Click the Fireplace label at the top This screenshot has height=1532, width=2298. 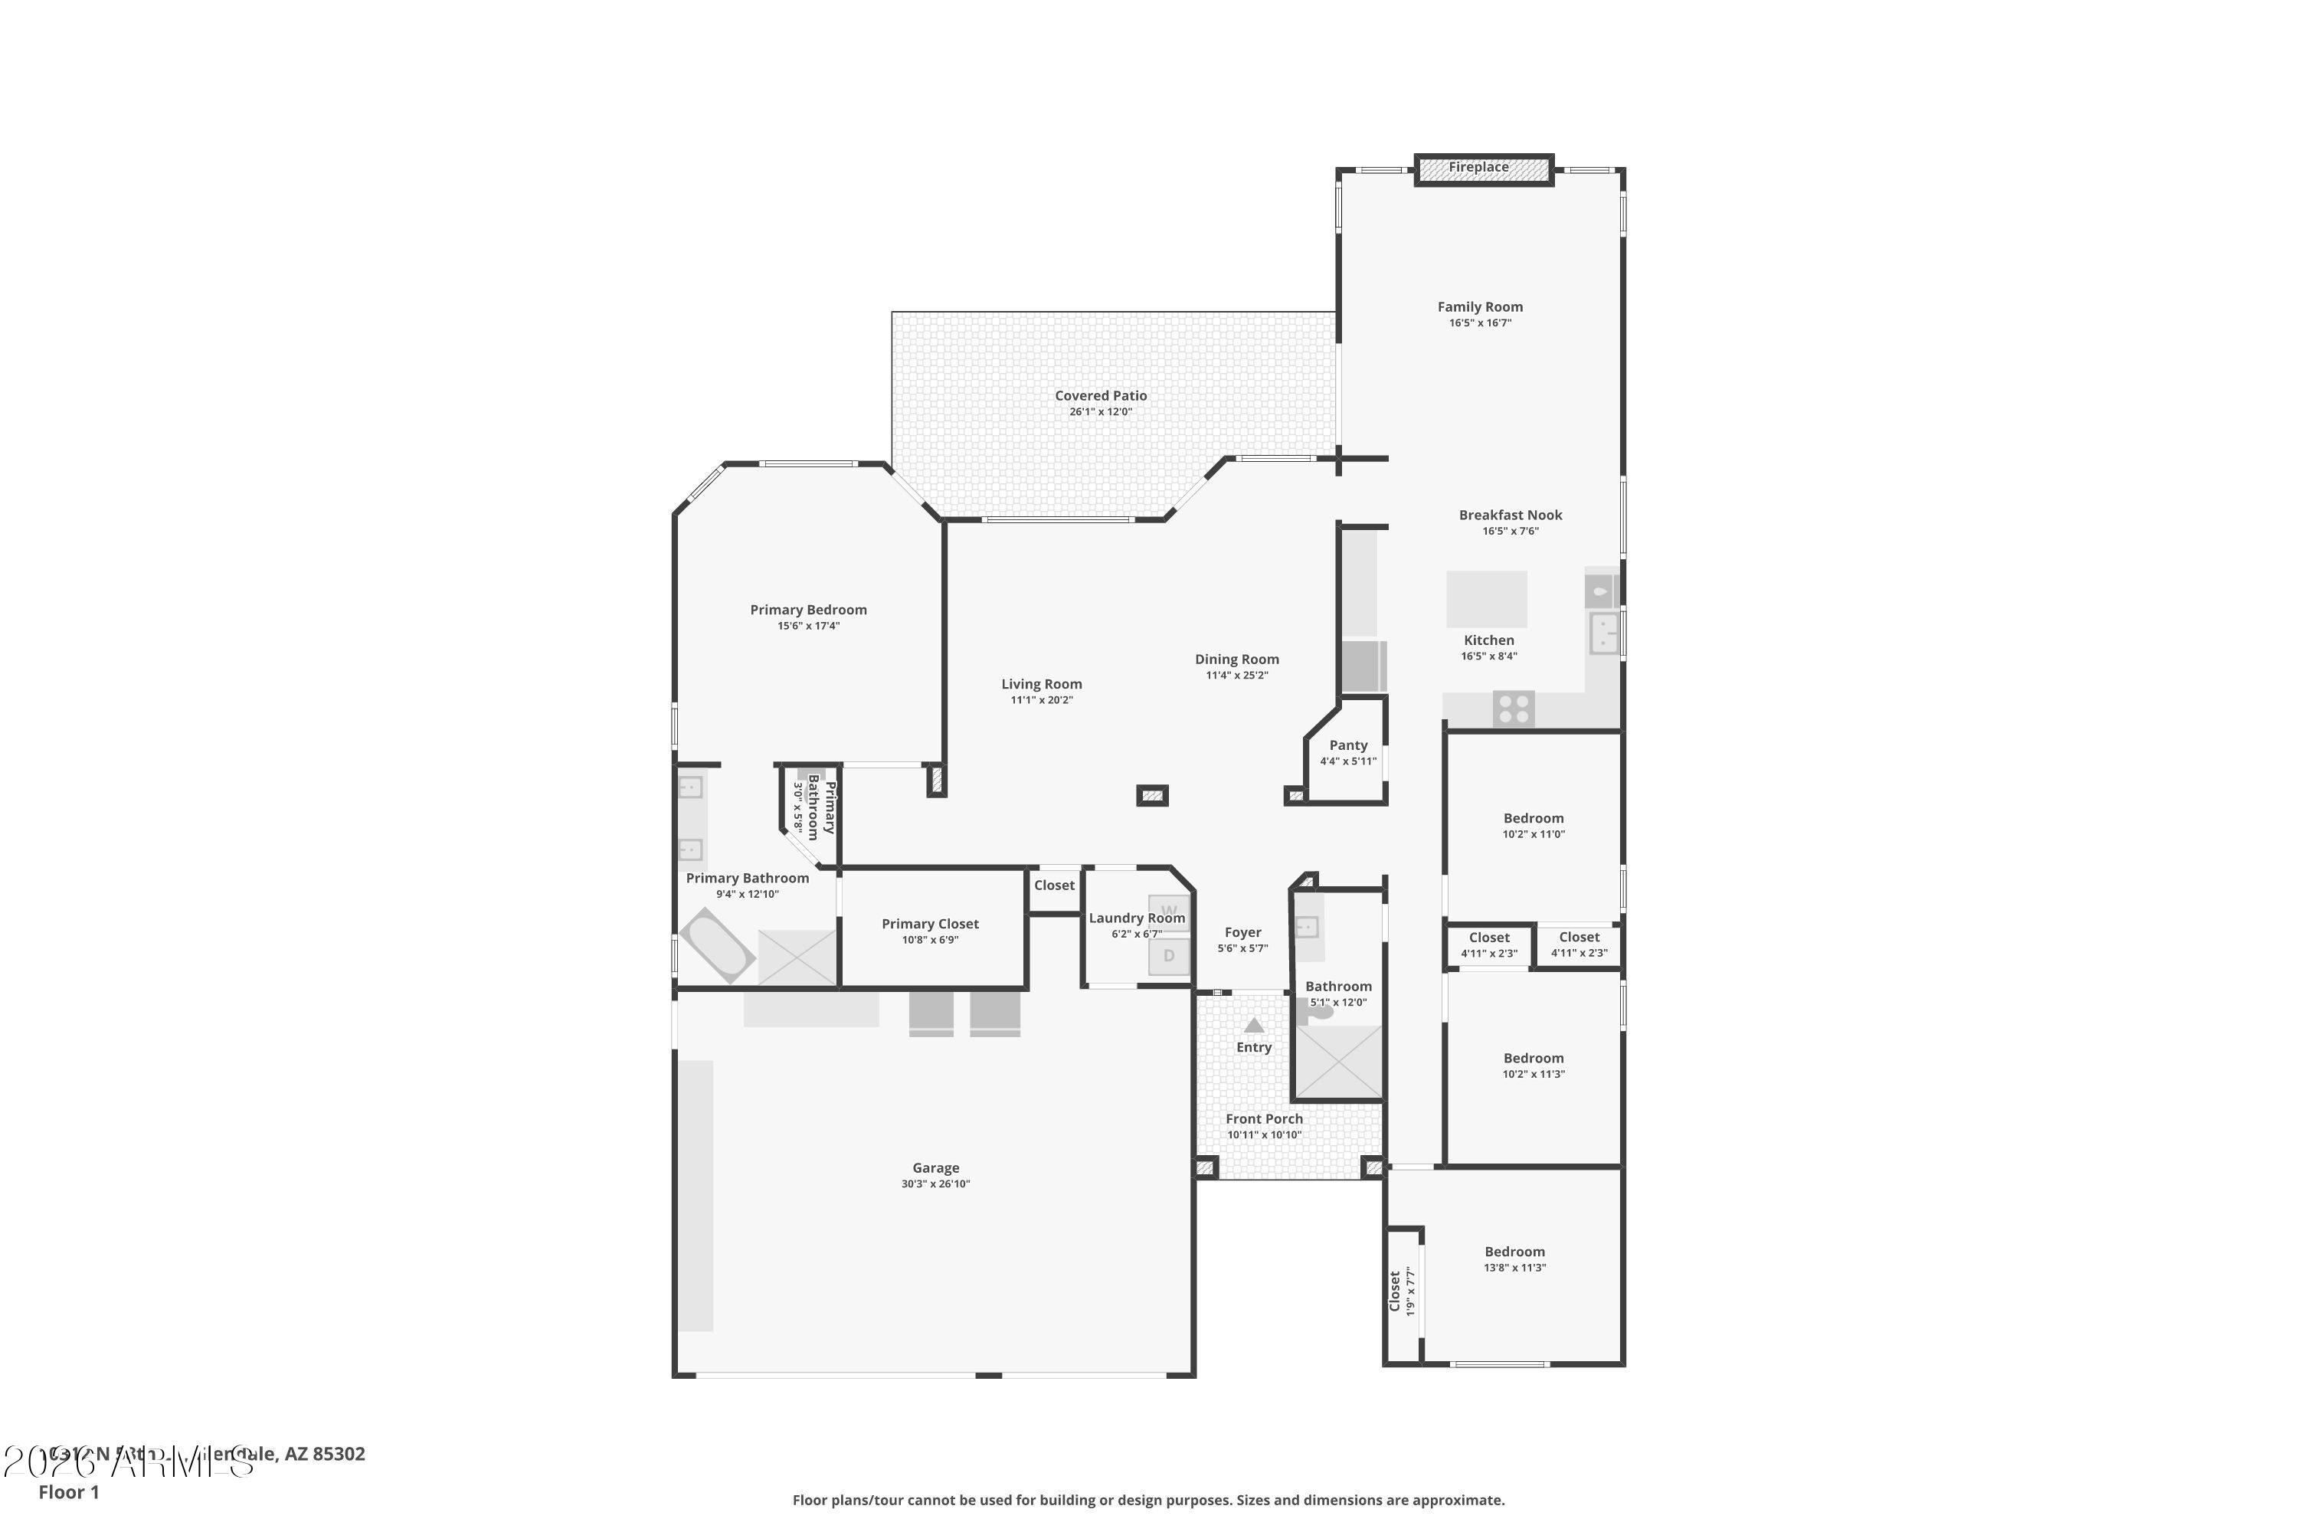tap(1478, 167)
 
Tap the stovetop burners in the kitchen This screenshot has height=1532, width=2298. tap(1514, 709)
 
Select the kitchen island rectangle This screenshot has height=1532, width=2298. tap(1486, 599)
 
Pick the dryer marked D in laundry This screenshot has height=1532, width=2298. tap(1169, 955)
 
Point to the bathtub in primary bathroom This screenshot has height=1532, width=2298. tap(716, 944)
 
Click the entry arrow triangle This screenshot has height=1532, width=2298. tap(1253, 1026)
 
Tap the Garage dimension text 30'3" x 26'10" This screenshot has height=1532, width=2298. tap(935, 1184)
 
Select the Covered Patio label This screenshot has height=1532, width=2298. tap(1100, 396)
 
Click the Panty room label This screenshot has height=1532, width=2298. tap(1348, 745)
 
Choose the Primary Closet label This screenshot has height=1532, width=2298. tap(929, 923)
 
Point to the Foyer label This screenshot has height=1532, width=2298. tap(1242, 932)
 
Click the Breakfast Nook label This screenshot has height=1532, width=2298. tap(1511, 515)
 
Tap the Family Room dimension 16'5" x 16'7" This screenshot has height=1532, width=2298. tap(1479, 323)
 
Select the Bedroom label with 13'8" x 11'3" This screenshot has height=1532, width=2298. tap(1514, 1252)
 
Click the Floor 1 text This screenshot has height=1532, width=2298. tap(68, 1492)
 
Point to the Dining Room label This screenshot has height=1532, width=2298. tap(1236, 660)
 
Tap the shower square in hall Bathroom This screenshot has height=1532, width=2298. tap(1337, 1062)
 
